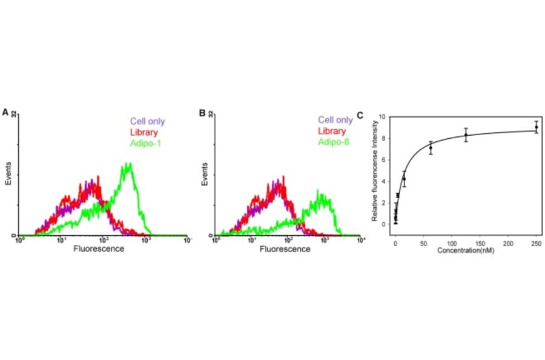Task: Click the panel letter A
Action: tap(5, 113)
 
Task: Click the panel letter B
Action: tap(203, 113)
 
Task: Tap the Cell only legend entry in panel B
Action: tap(335, 121)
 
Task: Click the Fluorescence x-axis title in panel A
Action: tap(94, 248)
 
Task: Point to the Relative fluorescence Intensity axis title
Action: tap(375, 173)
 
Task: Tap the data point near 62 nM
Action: tap(431, 147)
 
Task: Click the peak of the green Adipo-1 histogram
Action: tap(128, 164)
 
